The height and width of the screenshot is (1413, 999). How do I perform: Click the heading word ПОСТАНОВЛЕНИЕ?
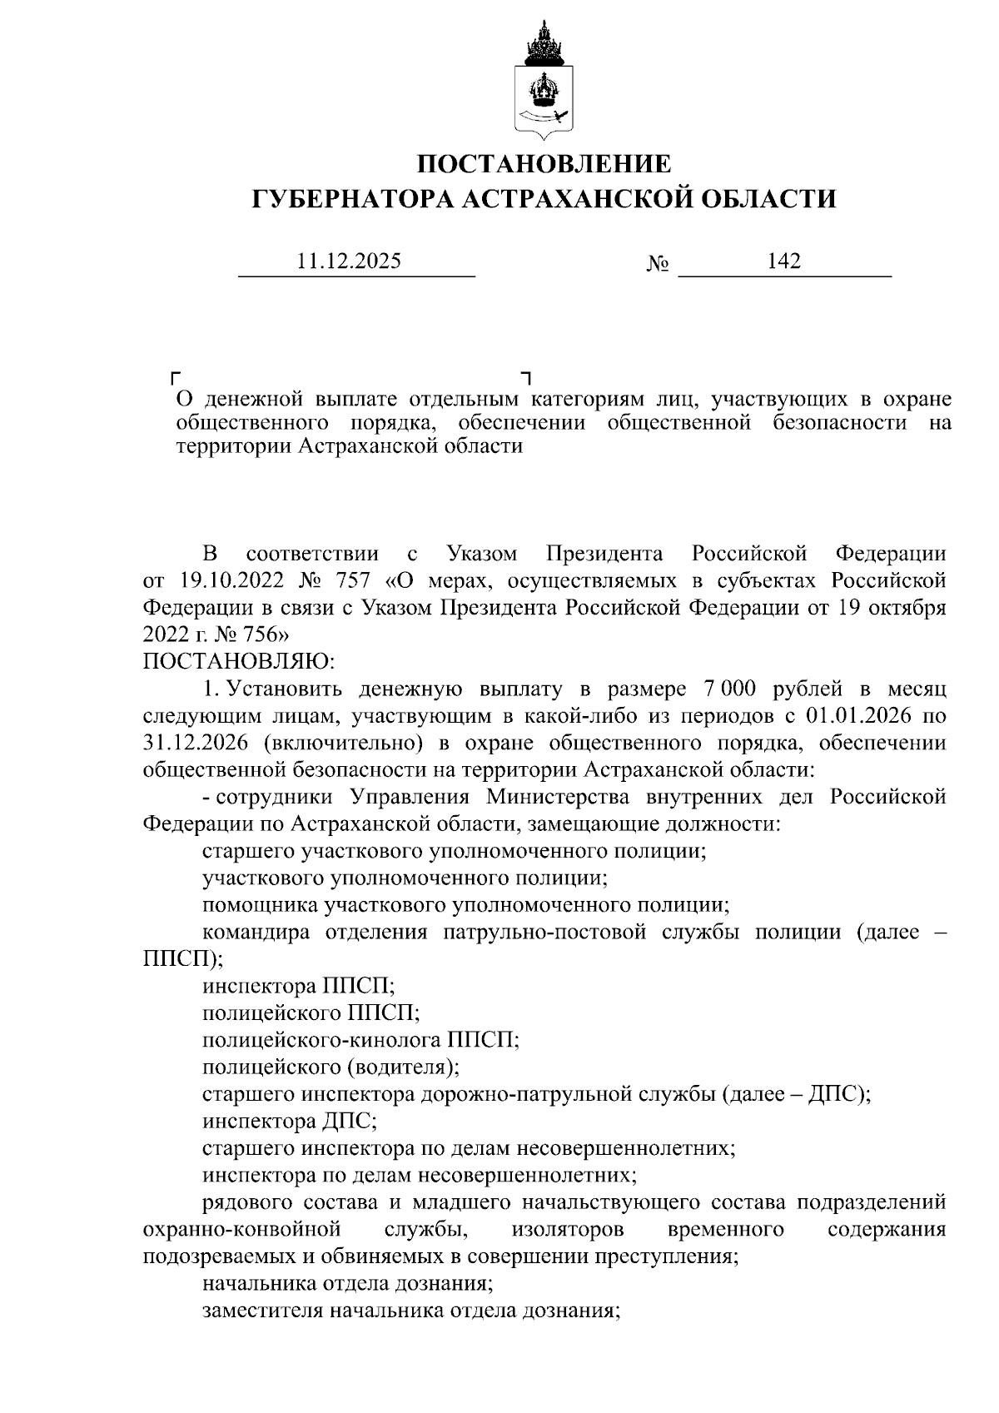(544, 163)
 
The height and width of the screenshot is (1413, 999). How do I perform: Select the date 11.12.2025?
(350, 261)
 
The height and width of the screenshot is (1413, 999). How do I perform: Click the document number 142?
(783, 261)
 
